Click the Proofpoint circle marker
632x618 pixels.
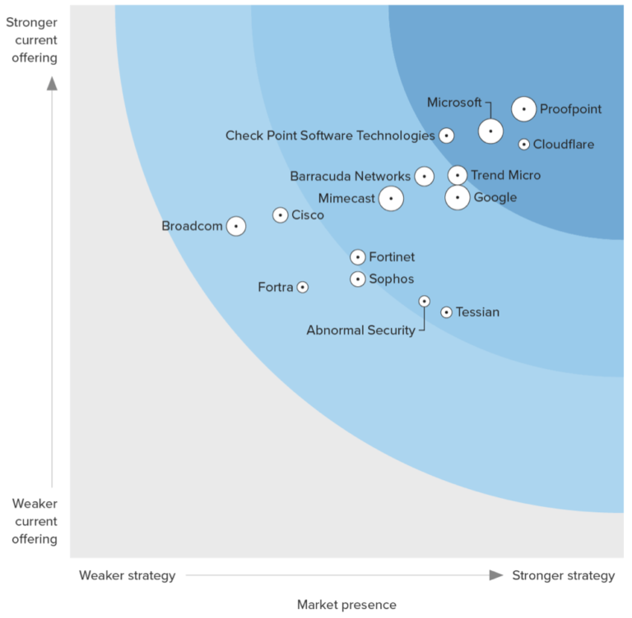(x=523, y=108)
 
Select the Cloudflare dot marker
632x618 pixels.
(x=524, y=145)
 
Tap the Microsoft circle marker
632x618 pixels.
(x=490, y=131)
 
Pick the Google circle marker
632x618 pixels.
(x=458, y=197)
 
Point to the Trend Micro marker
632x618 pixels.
(x=458, y=175)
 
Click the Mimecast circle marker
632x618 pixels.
(x=391, y=198)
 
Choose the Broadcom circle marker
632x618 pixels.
(x=236, y=226)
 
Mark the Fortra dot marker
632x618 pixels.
(x=303, y=287)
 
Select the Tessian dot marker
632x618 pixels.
(x=446, y=312)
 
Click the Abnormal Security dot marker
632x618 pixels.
(x=424, y=302)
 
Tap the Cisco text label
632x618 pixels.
(x=308, y=215)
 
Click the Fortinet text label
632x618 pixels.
(x=392, y=257)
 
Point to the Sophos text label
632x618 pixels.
(x=391, y=279)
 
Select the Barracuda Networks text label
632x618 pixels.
(x=350, y=176)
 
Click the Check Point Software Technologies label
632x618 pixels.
(x=330, y=136)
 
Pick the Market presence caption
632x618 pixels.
(x=346, y=605)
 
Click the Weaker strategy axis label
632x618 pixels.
(x=127, y=575)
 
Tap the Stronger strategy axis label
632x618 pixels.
(x=563, y=575)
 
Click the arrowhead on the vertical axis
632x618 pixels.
(x=52, y=82)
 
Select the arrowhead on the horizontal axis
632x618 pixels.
(x=495, y=575)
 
